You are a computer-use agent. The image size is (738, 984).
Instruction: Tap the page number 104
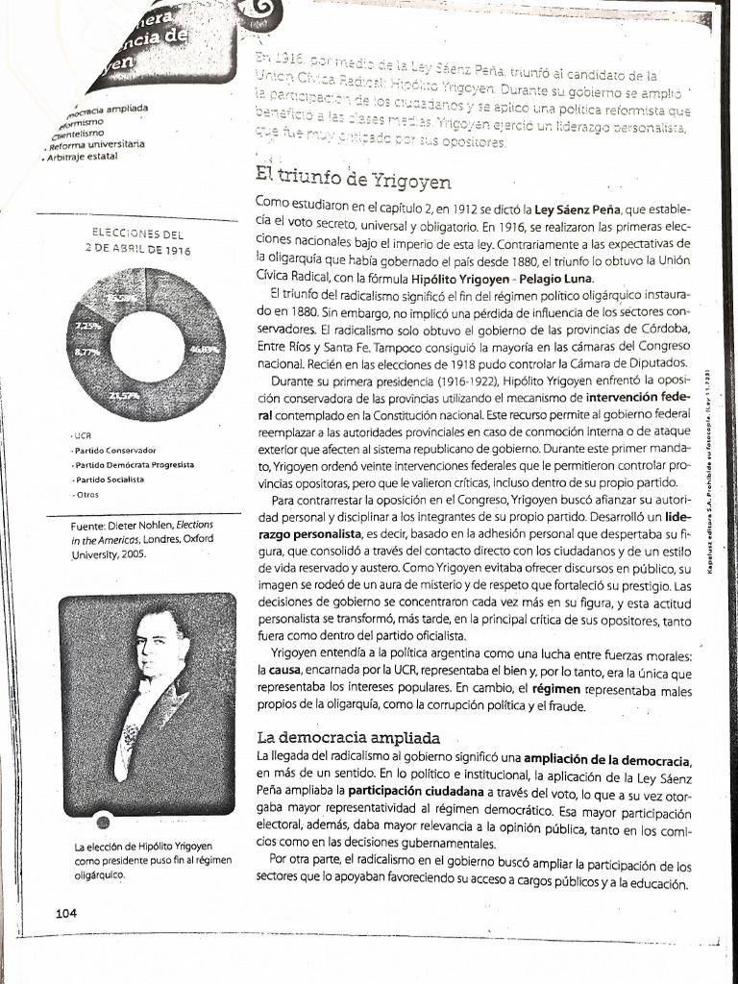click(x=66, y=913)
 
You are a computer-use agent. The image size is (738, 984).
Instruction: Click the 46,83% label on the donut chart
click(x=203, y=352)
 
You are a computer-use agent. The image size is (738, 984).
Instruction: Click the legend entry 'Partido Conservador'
click(x=116, y=450)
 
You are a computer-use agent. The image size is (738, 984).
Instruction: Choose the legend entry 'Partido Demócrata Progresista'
click(x=134, y=464)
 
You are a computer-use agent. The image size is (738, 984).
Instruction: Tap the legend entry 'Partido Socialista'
click(x=110, y=479)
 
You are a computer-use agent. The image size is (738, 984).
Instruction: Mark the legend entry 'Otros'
click(x=87, y=494)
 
